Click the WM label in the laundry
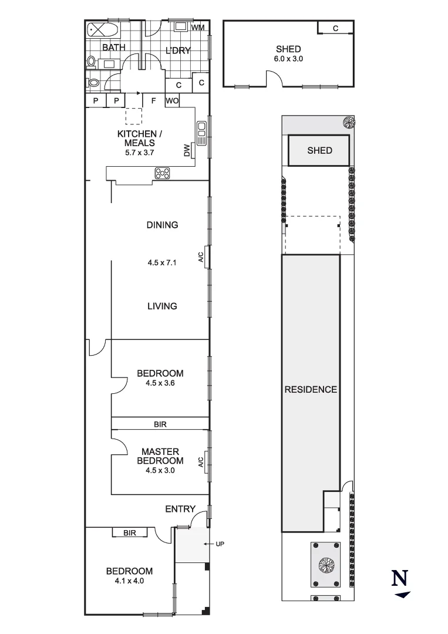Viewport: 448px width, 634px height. coord(198,28)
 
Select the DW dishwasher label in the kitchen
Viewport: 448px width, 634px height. coord(187,151)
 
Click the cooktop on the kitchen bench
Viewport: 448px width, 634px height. coord(162,173)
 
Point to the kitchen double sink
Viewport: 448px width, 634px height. coord(201,133)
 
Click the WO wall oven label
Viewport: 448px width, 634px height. coord(172,101)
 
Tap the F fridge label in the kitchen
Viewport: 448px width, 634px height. coord(153,101)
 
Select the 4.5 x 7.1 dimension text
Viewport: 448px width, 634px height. coord(163,263)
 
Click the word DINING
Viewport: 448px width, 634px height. coord(163,225)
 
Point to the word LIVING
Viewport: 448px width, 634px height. coord(163,306)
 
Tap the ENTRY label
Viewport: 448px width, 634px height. coord(180,509)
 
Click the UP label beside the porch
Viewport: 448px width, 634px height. coord(220,544)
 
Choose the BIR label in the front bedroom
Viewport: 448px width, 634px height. coord(130,532)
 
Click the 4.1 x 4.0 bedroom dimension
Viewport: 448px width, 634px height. coord(129,581)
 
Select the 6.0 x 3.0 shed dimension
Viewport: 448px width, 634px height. coord(288,59)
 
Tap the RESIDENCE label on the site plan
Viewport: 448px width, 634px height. coord(311,389)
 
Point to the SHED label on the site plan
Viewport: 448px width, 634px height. coord(319,151)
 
